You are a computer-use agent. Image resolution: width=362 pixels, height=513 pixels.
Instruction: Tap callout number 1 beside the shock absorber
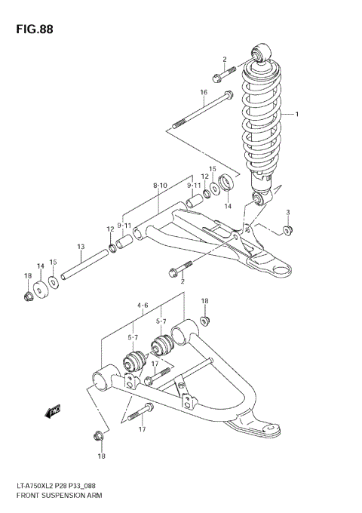click(297, 115)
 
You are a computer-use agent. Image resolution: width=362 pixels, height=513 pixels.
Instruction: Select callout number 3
click(287, 212)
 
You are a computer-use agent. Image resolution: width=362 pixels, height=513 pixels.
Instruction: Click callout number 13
click(80, 247)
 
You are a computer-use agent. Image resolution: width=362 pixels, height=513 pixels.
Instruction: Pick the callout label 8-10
click(159, 185)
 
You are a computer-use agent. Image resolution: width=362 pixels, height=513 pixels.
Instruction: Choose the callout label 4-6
click(143, 306)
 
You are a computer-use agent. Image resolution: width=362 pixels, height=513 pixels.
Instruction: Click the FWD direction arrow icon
click(54, 411)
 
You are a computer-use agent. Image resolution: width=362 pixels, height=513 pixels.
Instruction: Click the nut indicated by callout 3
click(287, 229)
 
